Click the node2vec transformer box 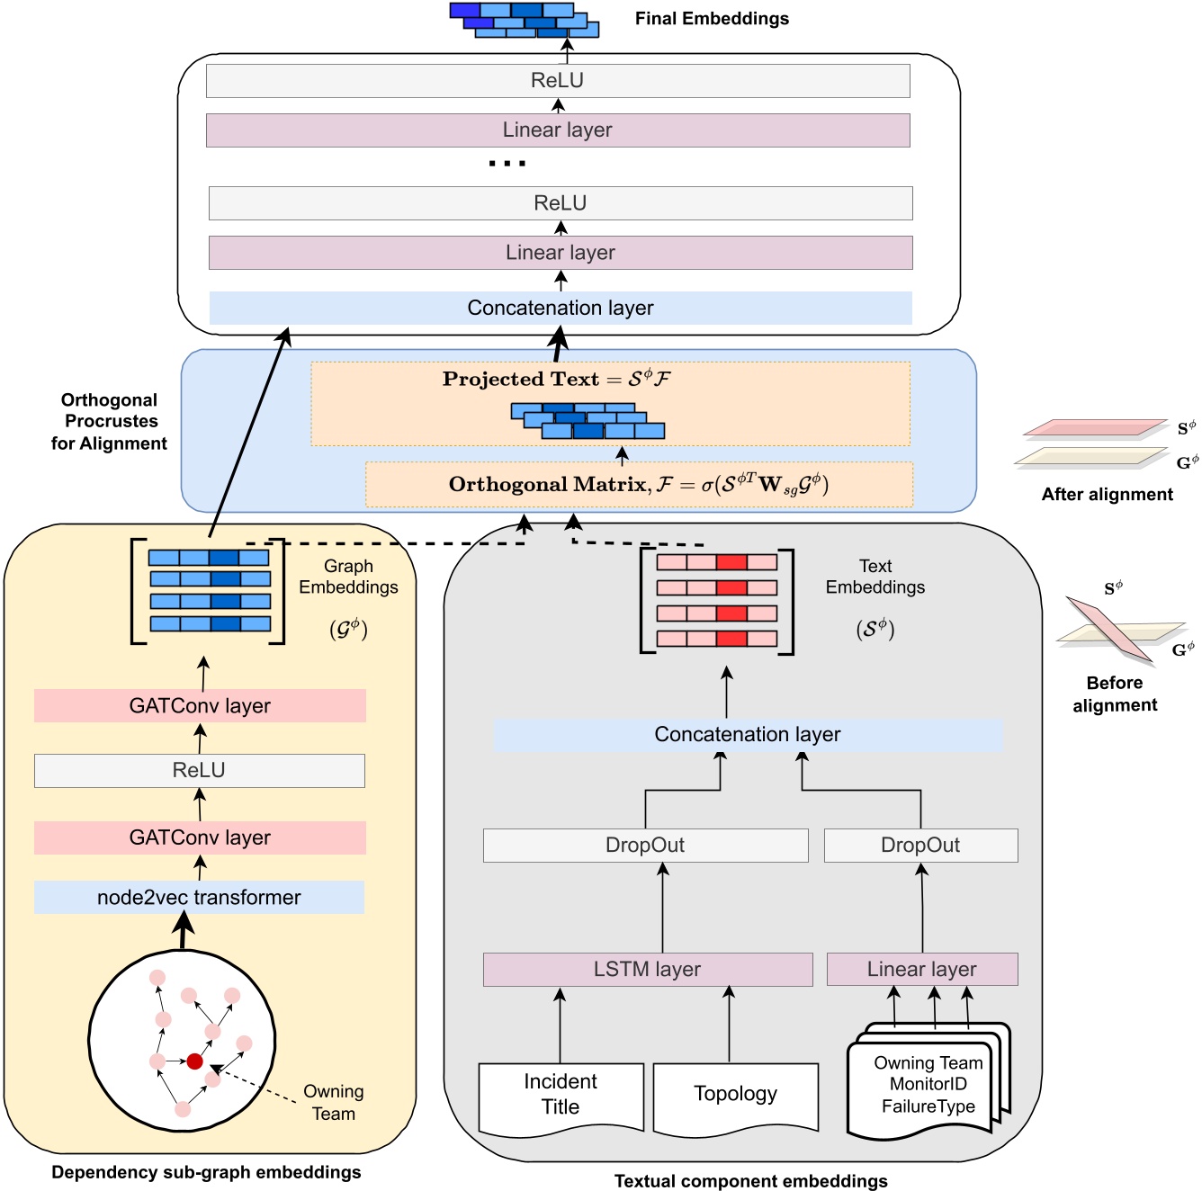tap(199, 898)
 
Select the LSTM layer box tap(647, 970)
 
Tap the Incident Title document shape tap(561, 1095)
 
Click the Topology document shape tap(735, 1095)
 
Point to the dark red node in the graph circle tap(194, 1061)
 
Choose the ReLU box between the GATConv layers tap(199, 771)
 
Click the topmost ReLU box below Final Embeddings tap(557, 81)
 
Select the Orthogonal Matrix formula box tap(639, 485)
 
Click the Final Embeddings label tap(712, 19)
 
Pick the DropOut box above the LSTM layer tap(645, 846)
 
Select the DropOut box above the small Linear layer tap(920, 846)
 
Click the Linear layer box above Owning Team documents tap(921, 970)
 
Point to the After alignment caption tap(1107, 495)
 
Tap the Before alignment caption tap(1114, 694)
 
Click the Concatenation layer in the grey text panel tap(747, 735)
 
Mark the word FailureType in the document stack tap(928, 1106)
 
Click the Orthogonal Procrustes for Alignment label tap(110, 422)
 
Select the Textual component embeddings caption tap(750, 1181)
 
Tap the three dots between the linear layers tap(507, 164)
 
